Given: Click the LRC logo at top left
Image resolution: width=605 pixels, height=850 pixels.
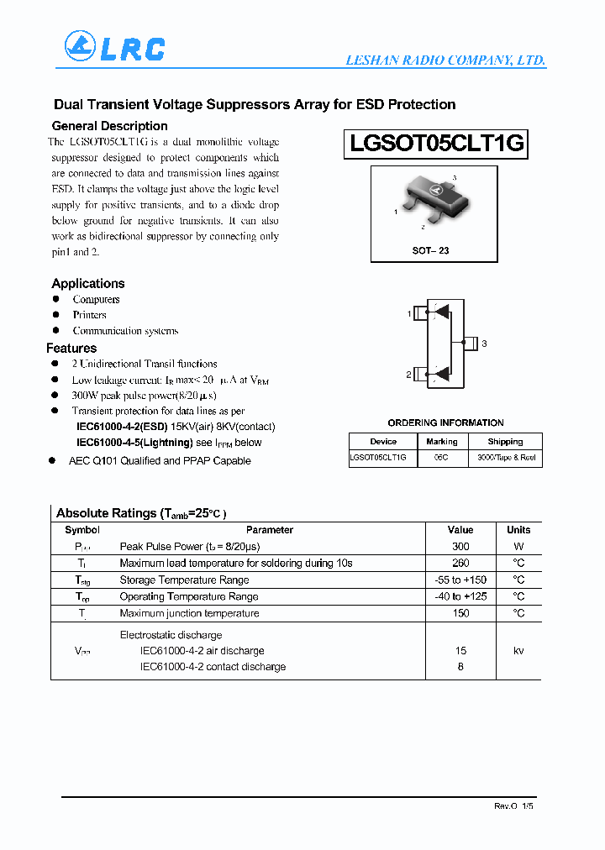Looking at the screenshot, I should [x=115, y=47].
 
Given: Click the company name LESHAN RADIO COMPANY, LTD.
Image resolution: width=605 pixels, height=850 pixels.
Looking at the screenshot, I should [x=446, y=60].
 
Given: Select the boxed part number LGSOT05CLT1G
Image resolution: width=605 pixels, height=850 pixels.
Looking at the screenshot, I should [x=436, y=144].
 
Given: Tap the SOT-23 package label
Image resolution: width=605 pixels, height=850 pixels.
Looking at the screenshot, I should [x=430, y=251].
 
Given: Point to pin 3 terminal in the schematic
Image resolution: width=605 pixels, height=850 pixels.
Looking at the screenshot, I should [x=471, y=343].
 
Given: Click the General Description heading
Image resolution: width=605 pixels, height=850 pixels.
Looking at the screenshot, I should [x=109, y=126].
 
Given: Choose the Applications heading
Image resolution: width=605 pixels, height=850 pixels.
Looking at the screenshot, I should [x=88, y=284].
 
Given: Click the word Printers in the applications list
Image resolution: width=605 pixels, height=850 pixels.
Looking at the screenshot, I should [x=89, y=315].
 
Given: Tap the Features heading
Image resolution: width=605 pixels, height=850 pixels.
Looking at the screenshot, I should [x=71, y=349].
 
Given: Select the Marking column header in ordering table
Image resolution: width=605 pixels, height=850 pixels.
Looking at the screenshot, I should [x=441, y=441].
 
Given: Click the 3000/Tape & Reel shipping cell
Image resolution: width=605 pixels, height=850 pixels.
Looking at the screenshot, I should [x=506, y=458].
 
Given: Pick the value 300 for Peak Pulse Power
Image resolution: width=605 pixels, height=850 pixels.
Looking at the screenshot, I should [x=460, y=547].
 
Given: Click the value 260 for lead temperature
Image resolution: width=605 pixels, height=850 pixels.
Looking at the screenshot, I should [x=460, y=564].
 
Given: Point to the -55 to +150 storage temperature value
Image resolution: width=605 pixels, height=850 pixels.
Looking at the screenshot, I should [x=460, y=580].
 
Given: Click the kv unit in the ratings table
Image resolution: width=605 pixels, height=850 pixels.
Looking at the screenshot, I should [x=518, y=651].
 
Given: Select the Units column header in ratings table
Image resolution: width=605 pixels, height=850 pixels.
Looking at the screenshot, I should [x=518, y=530].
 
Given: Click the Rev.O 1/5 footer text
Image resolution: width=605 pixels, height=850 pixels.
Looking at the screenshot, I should [x=513, y=805].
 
